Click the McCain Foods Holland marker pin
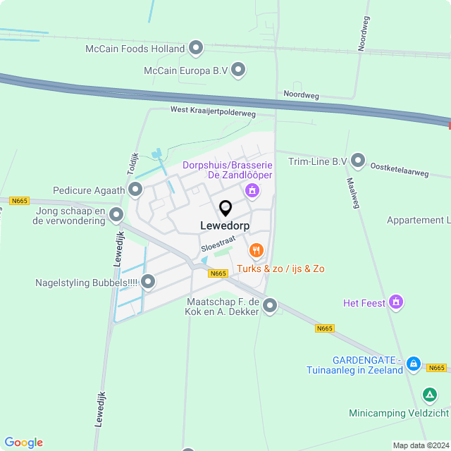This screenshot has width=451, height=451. (x=197, y=49)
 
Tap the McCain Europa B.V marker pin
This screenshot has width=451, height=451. (x=239, y=70)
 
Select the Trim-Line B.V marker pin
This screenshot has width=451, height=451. (x=358, y=161)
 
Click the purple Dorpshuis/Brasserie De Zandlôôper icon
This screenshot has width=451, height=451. (x=252, y=190)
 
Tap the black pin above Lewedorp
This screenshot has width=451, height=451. (x=225, y=209)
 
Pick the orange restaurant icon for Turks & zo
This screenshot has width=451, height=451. (x=256, y=250)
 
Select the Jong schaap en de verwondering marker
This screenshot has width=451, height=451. (x=117, y=215)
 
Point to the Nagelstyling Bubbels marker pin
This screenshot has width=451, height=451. (x=148, y=283)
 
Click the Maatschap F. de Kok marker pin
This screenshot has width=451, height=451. (x=270, y=306)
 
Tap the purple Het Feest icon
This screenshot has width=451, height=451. (x=396, y=302)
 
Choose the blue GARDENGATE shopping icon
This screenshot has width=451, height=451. (x=414, y=364)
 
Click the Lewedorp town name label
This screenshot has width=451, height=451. (x=225, y=226)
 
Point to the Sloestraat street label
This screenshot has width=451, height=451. (x=218, y=244)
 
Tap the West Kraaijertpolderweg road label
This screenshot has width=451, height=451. (x=213, y=111)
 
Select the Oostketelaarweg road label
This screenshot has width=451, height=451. (x=399, y=168)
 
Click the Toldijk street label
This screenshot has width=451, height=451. (x=133, y=164)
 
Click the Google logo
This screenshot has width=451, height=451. (x=23, y=443)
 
